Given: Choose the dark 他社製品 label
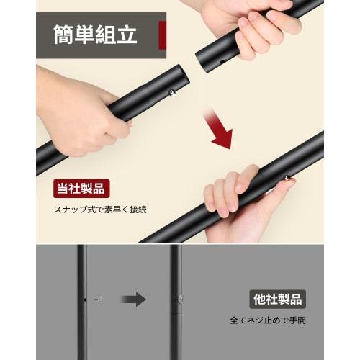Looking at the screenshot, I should [278, 297].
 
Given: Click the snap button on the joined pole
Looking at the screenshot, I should [287, 180].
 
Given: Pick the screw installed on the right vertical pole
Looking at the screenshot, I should [180, 299].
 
